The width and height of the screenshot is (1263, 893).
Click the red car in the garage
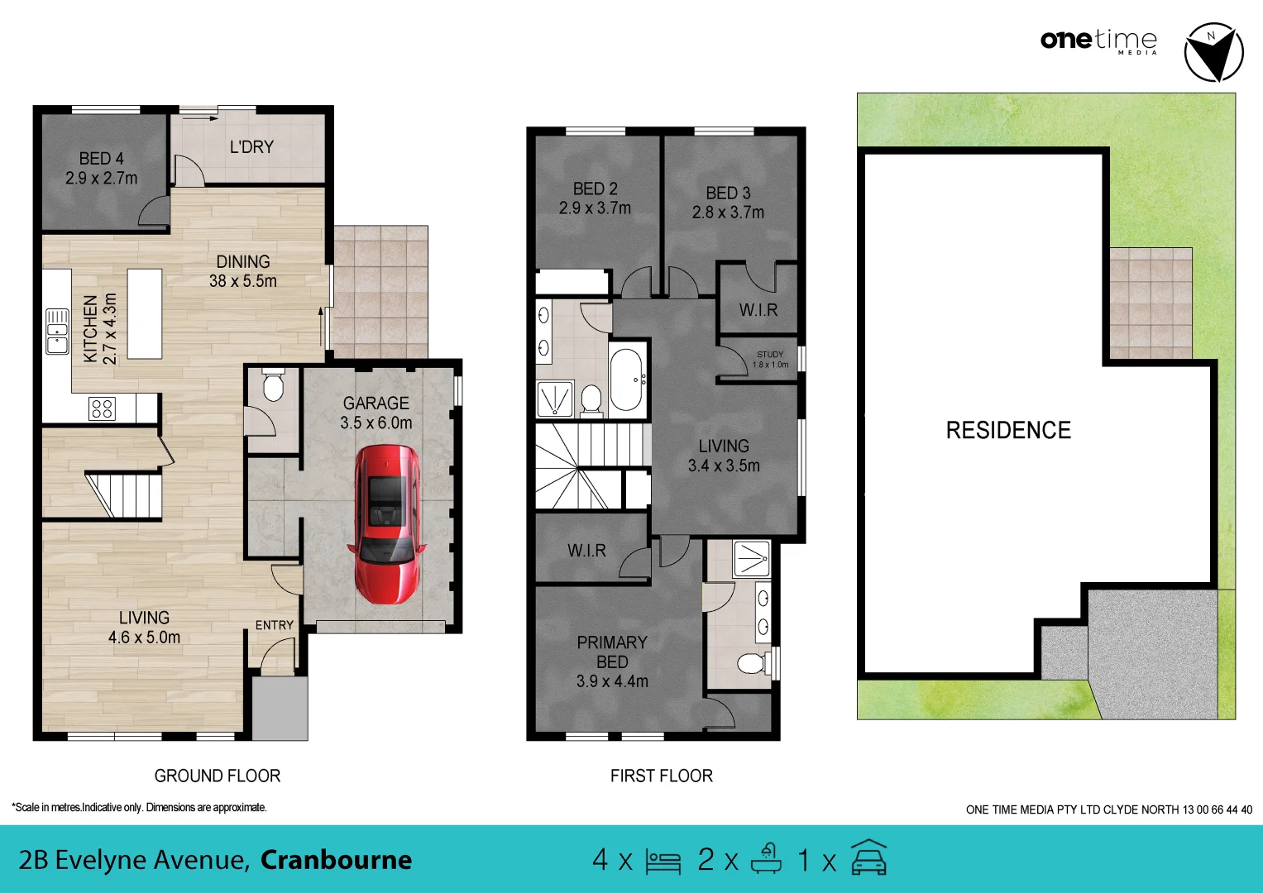386,523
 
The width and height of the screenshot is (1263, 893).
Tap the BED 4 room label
102,158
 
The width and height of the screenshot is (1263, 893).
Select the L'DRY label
251,147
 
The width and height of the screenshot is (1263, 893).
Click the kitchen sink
57,332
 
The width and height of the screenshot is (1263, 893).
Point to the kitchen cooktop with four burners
102,408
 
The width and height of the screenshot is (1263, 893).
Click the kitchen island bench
145,313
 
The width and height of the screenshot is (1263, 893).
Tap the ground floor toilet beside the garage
273,386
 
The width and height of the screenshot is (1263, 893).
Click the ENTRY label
275,625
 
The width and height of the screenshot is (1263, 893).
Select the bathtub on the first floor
627,380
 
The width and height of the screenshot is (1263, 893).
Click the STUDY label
770,354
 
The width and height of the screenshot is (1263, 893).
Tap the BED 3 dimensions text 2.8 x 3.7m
728,213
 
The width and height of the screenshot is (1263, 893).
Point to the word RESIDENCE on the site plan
1008,430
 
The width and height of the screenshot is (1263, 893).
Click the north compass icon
1213,52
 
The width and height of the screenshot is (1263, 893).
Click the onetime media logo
1098,41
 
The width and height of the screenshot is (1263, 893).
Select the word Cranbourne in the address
336,860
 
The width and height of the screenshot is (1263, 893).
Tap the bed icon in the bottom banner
663,861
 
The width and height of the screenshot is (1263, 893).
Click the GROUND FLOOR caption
218,776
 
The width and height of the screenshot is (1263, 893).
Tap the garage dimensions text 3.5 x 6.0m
376,423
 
